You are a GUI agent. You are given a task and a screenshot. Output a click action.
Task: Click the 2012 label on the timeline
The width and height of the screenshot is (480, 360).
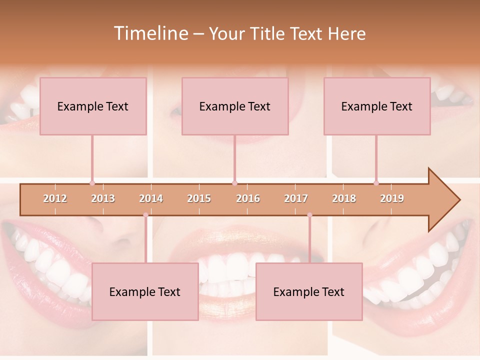pos(55,198)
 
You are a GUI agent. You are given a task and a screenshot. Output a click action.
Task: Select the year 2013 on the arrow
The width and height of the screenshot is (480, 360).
pos(103,198)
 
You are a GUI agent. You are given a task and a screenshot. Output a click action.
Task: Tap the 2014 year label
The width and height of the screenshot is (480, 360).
pos(151,198)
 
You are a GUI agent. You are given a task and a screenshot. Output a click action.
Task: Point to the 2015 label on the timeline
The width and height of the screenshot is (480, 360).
pos(199,198)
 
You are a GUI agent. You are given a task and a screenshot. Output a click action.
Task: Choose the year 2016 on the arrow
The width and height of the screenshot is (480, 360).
pos(248,198)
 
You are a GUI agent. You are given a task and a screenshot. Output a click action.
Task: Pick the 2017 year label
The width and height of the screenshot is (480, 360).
pos(296,198)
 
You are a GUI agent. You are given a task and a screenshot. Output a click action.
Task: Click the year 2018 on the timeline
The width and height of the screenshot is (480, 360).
pos(344,198)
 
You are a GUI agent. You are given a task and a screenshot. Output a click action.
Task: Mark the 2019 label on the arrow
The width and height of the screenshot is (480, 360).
pos(392,198)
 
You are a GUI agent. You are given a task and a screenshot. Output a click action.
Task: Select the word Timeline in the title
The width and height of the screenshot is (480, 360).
pos(150,33)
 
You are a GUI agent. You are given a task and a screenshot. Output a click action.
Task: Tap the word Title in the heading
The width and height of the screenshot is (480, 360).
pos(268,33)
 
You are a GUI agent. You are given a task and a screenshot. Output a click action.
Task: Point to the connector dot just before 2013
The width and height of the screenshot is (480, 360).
pos(92,183)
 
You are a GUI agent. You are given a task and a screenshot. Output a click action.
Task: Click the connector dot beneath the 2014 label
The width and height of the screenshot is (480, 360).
pos(145,215)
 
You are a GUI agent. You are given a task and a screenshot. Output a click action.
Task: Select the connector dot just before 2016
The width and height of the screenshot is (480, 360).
pos(234,183)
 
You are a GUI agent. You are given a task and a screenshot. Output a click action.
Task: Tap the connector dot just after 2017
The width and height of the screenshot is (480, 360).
pos(309,215)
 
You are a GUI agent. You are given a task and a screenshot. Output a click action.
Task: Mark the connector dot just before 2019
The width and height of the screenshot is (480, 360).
pos(376,183)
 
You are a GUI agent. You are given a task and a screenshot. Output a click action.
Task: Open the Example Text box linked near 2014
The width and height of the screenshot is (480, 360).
pos(145,291)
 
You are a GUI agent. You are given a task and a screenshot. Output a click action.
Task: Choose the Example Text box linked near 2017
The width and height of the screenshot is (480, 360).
pos(309,291)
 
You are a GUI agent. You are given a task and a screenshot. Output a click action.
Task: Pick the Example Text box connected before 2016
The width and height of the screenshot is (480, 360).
pos(235,106)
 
